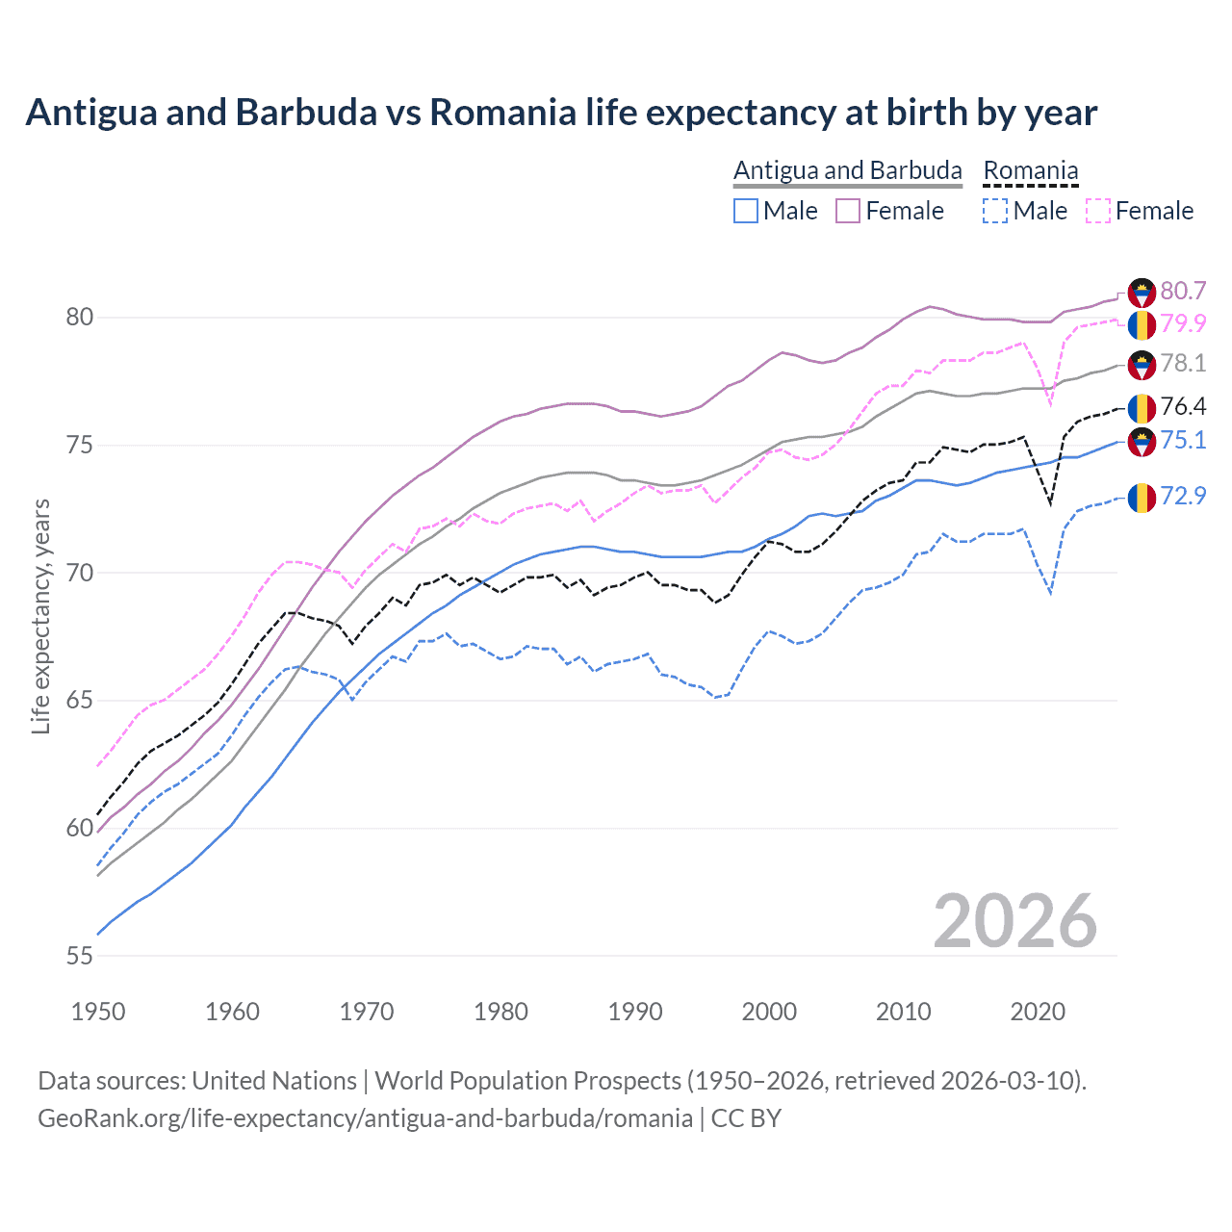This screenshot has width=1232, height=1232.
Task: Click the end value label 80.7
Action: (1183, 291)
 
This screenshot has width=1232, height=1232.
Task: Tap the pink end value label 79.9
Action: (1183, 323)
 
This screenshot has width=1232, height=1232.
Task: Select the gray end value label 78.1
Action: (1183, 363)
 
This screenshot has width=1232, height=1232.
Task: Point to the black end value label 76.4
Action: (1183, 406)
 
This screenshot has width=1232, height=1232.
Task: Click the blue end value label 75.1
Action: (1183, 440)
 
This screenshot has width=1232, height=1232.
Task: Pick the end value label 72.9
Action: (1183, 496)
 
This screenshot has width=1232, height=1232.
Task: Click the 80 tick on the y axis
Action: (80, 317)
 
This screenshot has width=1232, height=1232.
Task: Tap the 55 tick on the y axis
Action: (80, 956)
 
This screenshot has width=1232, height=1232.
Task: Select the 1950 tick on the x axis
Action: (98, 1012)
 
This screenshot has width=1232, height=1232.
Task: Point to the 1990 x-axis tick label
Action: (635, 1012)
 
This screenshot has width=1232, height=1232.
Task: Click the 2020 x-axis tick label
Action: (1038, 1012)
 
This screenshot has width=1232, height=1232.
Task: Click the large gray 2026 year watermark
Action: (1015, 921)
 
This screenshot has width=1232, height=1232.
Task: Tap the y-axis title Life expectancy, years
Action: (40, 616)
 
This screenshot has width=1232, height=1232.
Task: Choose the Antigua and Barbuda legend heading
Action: (847, 170)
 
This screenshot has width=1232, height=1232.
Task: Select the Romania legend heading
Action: (1030, 170)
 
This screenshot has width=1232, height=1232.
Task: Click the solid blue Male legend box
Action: (746, 211)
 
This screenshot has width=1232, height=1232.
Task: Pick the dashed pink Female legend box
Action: (1098, 211)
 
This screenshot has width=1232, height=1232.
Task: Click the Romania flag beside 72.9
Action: (1142, 498)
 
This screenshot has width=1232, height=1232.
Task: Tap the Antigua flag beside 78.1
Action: (1142, 365)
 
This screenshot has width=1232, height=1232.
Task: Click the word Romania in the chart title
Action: (502, 113)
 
